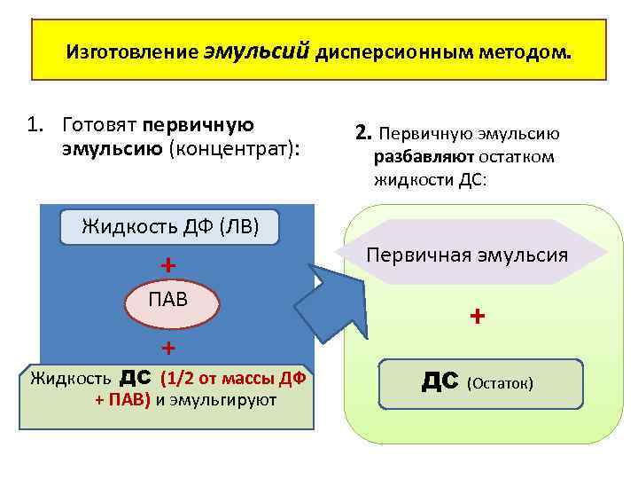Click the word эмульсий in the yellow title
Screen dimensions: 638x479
[258, 51]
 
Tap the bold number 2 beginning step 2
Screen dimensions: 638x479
[361, 134]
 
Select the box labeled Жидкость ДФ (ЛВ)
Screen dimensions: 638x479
[169, 226]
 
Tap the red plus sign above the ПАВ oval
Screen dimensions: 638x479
[167, 265]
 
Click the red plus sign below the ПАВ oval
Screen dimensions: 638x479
[167, 345]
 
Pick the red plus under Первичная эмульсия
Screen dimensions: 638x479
[478, 315]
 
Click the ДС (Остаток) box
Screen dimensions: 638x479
[480, 382]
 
